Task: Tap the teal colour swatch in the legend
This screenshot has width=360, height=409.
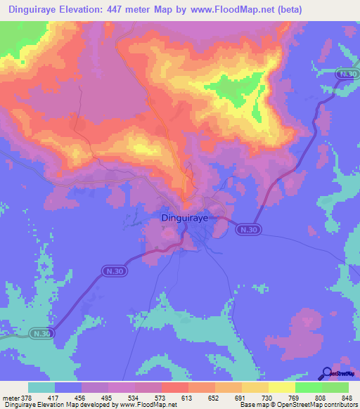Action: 41,387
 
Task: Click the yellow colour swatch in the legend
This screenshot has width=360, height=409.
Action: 281,387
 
